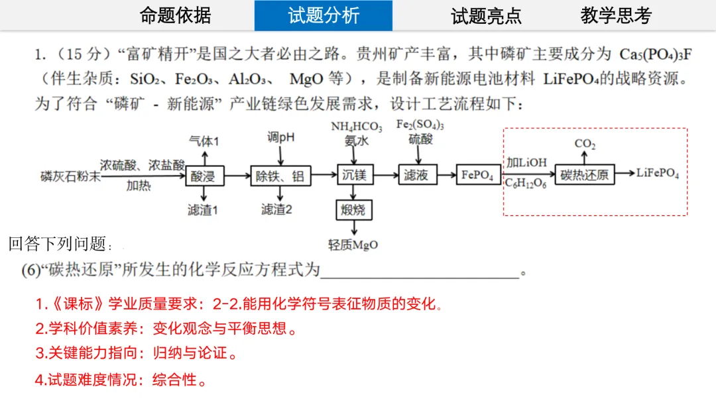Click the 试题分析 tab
point(323,16)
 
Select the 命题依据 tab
point(176,16)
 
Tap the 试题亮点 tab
point(486,16)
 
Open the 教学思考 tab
point(616,16)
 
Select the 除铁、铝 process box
point(280,176)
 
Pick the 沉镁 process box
point(355,176)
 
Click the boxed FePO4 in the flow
point(478,176)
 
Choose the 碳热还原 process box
point(584,175)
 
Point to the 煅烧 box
point(353,211)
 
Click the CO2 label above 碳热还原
point(585,143)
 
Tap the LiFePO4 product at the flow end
point(658,174)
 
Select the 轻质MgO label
point(353,245)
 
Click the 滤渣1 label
point(203,210)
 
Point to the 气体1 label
point(204,141)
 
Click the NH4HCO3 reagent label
point(357,127)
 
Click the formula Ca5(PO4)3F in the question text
point(655,54)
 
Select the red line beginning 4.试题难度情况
point(121,380)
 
